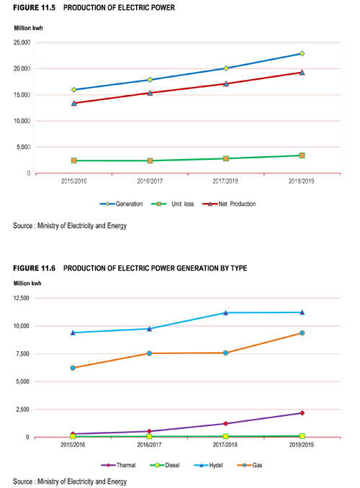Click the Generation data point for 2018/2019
click(x=302, y=53)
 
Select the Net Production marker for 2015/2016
click(x=74, y=103)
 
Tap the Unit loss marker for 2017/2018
click(x=226, y=158)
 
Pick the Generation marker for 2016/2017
click(x=150, y=80)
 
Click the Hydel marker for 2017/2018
click(x=226, y=312)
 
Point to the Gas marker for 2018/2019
click(x=302, y=333)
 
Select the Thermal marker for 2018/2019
click(x=302, y=413)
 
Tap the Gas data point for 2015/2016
click(x=73, y=368)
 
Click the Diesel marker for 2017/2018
click(x=226, y=436)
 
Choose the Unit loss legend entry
click(x=173, y=204)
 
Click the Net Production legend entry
click(x=229, y=204)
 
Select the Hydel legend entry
click(x=208, y=465)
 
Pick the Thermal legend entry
click(x=118, y=465)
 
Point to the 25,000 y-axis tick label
click(x=22, y=42)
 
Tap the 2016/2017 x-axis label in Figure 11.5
click(x=150, y=181)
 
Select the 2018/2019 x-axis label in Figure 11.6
click(x=302, y=445)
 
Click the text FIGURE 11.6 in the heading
click(x=35, y=268)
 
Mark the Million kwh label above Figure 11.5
click(x=28, y=28)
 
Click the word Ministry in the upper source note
click(x=48, y=225)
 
